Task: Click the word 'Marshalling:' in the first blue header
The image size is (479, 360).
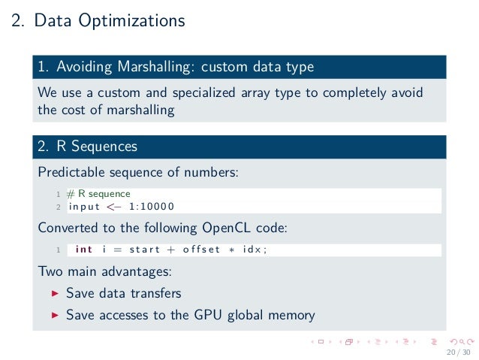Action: pyautogui.click(x=154, y=67)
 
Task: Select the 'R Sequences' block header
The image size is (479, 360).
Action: pyautogui.click(x=97, y=146)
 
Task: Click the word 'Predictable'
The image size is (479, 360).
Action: pyautogui.click(x=71, y=172)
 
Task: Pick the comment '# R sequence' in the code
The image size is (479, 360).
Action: pyautogui.click(x=98, y=194)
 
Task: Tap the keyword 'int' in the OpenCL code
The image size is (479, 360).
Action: pyautogui.click(x=84, y=250)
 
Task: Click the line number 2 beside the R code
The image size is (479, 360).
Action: pyautogui.click(x=58, y=207)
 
